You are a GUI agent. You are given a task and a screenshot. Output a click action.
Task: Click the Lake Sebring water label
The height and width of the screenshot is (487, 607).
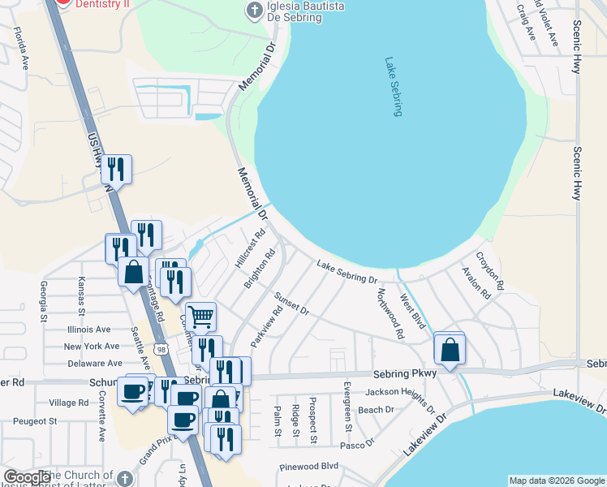[394, 86]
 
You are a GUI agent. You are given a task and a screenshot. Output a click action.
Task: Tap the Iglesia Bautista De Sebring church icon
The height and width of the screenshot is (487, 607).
[254, 11]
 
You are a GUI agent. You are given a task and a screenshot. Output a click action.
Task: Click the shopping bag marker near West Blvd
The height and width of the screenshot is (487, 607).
[450, 349]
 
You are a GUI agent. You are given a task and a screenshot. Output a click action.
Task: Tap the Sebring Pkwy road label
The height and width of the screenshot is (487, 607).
[405, 373]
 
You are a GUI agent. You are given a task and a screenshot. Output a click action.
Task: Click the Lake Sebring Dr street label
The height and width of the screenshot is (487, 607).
[347, 273]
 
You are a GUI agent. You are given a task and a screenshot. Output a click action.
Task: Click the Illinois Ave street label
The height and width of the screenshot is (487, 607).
[88, 330]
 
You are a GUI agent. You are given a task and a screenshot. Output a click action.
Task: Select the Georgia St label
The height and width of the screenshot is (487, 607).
[41, 298]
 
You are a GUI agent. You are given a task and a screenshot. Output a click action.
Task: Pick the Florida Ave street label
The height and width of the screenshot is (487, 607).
[19, 48]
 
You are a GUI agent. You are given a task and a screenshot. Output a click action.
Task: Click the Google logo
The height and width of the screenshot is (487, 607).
[27, 477]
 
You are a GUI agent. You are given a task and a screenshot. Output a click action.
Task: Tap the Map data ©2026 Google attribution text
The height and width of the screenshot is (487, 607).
[557, 481]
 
